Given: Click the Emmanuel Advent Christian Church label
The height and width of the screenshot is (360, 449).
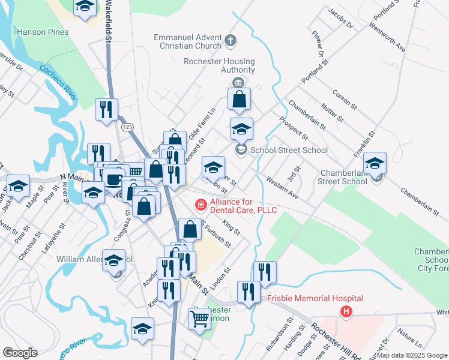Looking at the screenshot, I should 187,41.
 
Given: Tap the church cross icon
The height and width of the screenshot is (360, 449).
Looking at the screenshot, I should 232,41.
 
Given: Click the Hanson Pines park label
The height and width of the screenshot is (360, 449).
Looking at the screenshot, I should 39,31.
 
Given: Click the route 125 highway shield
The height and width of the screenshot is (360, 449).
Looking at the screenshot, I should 127,127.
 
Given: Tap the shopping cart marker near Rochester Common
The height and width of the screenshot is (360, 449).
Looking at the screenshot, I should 200,318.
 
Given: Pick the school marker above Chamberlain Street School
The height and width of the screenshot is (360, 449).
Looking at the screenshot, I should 375,163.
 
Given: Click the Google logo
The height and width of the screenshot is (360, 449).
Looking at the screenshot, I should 20,353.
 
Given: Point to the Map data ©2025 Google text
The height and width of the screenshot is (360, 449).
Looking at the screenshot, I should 412,355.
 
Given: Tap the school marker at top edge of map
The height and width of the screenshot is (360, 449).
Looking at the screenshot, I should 85,6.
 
